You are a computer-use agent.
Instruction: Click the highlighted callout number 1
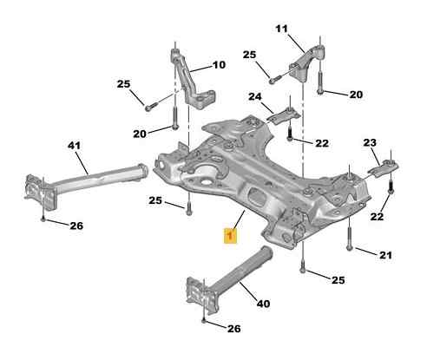coord(230,235)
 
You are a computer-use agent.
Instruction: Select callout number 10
coord(219,65)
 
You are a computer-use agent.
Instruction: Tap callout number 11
coord(281,29)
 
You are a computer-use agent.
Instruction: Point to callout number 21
coord(385,255)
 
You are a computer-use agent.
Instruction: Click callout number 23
coord(370,142)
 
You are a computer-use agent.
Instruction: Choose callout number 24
coord(255,96)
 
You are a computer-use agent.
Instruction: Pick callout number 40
coord(263,304)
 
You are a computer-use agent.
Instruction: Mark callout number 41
coord(75,146)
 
